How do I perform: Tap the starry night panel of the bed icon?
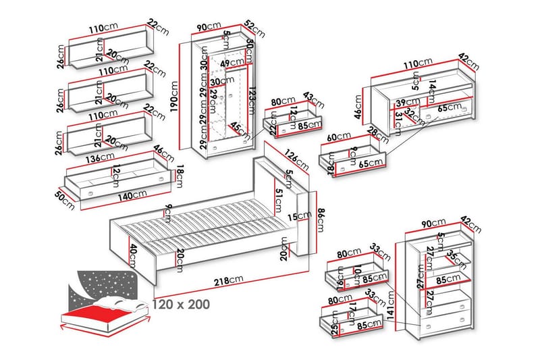(101, 284)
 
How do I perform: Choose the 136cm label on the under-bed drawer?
(103, 159)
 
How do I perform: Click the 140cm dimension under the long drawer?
(130, 195)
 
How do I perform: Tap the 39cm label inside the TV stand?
(404, 102)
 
